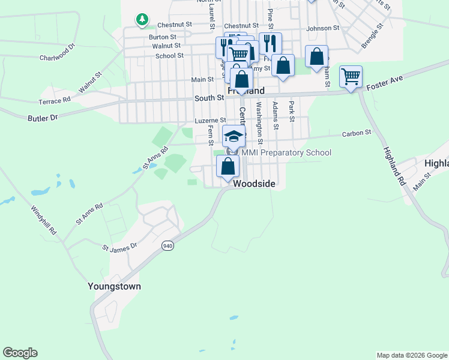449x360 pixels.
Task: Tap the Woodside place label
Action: tap(254, 184)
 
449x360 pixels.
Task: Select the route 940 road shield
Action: tap(167, 246)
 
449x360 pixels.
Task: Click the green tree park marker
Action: tap(142, 20)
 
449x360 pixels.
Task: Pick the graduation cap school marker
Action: tap(234, 136)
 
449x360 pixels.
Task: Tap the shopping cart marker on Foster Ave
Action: tap(351, 77)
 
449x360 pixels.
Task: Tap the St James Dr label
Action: tap(119, 246)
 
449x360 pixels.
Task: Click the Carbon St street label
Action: tap(357, 133)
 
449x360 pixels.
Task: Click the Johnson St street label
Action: tap(322, 28)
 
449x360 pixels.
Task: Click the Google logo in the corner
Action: tap(20, 353)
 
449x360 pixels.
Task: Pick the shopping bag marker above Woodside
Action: tap(228, 166)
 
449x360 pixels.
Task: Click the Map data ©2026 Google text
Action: tap(411, 355)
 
